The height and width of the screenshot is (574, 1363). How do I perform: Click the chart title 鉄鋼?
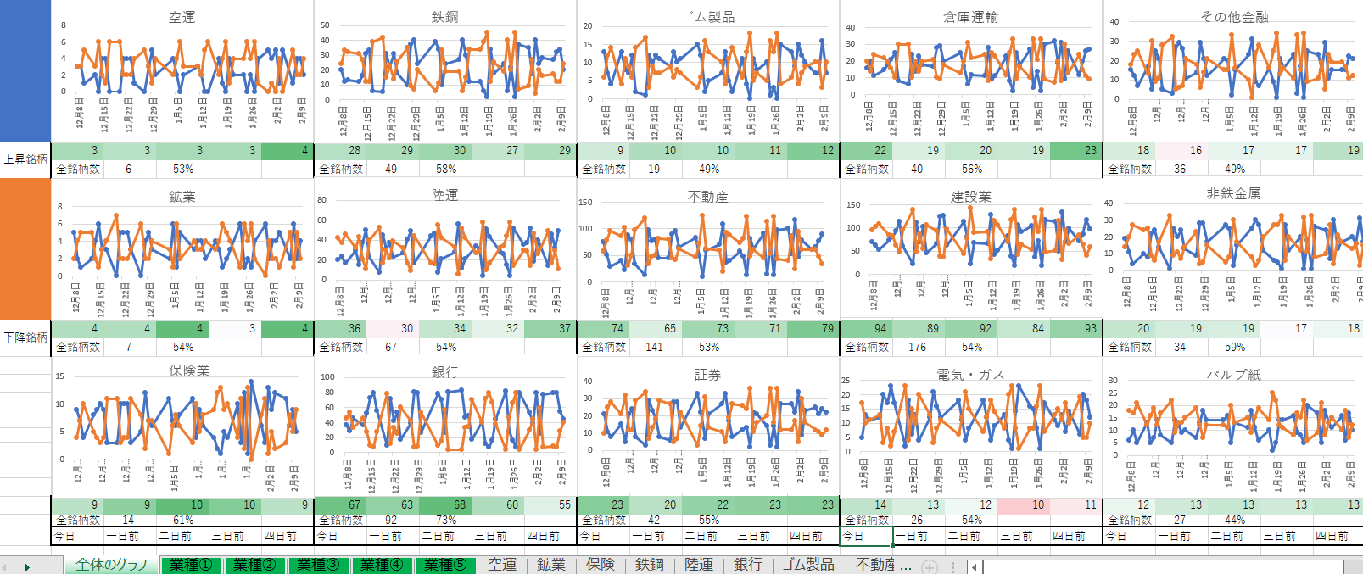tap(444, 17)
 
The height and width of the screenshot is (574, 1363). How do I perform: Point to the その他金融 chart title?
tap(1233, 17)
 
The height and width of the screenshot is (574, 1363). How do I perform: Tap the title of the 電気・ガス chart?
tap(970, 375)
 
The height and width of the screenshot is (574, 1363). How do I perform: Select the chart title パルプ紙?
tap(1233, 375)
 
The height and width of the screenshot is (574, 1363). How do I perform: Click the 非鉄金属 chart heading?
tap(1233, 194)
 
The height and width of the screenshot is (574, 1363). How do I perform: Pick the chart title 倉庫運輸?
tap(970, 17)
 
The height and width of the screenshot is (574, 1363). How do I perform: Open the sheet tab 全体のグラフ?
tap(111, 565)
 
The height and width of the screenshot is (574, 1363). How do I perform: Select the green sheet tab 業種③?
tap(318, 565)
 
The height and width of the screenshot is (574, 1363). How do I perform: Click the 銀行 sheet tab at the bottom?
tap(747, 565)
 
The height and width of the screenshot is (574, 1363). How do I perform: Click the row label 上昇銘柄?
tap(25, 159)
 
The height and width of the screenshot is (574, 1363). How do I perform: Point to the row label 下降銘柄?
tap(25, 337)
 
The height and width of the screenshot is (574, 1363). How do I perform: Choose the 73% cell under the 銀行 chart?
tap(446, 520)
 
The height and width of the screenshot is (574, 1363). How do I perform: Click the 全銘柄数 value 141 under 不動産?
tap(654, 347)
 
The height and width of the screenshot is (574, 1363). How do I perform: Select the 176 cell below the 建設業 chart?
tap(917, 347)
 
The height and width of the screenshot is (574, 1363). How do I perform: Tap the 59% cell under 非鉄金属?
tap(1235, 347)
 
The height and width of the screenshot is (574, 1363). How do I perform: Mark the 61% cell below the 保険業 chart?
tap(183, 520)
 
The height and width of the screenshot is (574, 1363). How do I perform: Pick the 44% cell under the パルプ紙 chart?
tap(1235, 520)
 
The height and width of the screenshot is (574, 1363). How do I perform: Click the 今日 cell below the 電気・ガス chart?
tap(866, 536)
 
